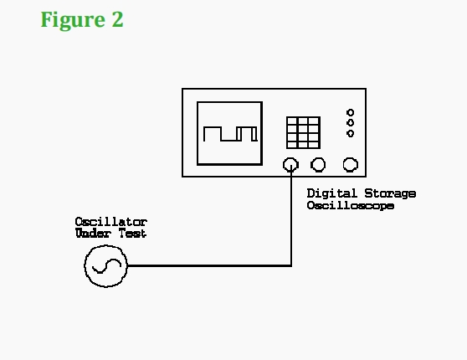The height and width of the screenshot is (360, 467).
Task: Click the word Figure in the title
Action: coord(73,20)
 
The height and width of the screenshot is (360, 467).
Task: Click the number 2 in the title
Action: coord(118,19)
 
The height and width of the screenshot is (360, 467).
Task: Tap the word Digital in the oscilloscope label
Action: coord(331,193)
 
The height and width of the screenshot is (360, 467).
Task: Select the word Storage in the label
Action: coord(390,194)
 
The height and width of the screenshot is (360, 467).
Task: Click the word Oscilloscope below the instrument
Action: coord(351,206)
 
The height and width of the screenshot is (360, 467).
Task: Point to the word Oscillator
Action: coord(111,222)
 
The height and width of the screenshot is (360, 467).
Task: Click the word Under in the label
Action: coord(94,233)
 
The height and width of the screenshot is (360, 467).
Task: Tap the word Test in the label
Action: coord(132,233)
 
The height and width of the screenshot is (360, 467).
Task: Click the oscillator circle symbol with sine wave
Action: coord(105,266)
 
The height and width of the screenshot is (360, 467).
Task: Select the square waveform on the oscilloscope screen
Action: coord(230,134)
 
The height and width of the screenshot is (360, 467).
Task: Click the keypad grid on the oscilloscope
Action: coord(303,132)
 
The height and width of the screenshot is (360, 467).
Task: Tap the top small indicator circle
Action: coord(350,113)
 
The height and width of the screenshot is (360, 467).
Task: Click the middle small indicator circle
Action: coord(350,123)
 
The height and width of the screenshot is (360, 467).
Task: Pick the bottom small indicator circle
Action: coord(350,133)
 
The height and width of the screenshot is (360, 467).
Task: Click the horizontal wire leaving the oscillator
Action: coord(209,265)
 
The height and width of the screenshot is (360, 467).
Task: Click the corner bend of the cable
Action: coord(291,265)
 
